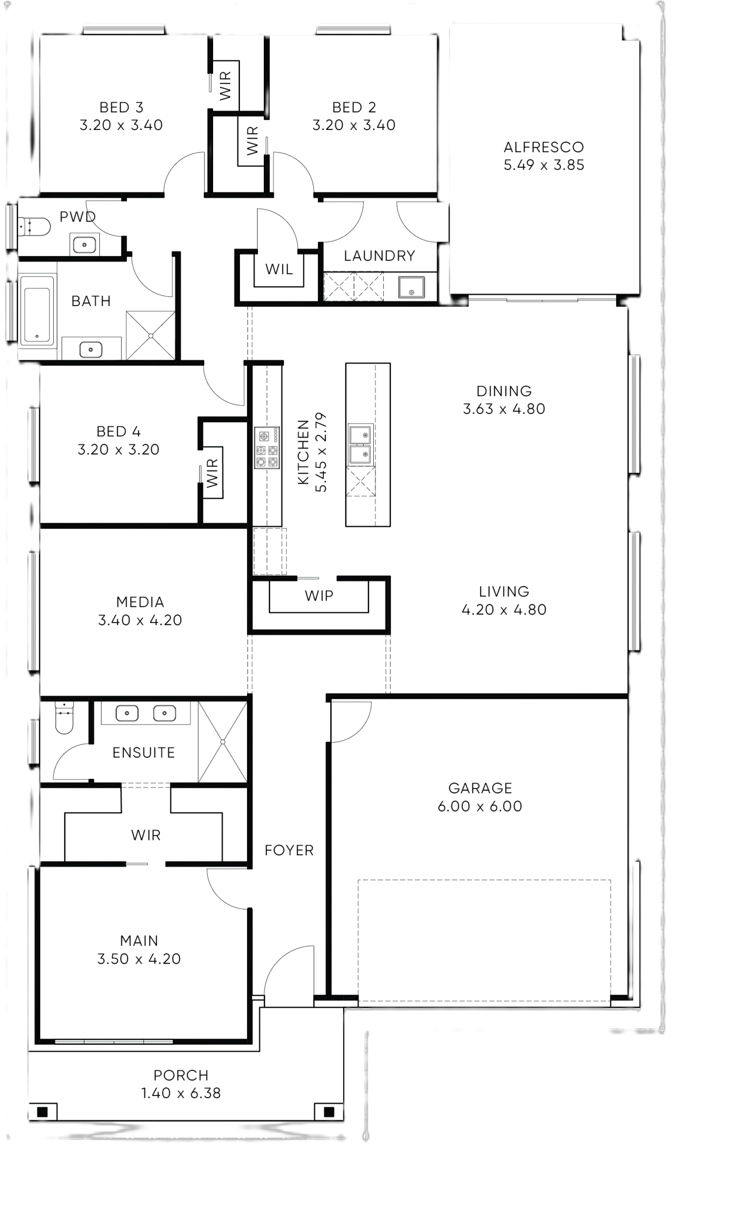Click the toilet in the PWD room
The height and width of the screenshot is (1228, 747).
click(x=34, y=227)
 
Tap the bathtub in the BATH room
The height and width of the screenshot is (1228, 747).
click(x=37, y=309)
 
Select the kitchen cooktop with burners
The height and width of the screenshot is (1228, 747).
click(x=267, y=448)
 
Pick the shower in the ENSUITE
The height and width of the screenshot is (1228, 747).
click(x=223, y=742)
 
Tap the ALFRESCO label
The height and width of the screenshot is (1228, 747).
click(x=544, y=147)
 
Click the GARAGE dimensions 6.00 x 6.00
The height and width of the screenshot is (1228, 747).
click(x=480, y=806)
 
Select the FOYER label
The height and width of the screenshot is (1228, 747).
click(x=289, y=850)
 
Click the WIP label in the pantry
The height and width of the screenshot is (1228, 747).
click(x=319, y=596)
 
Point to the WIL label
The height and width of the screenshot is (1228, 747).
click(x=279, y=270)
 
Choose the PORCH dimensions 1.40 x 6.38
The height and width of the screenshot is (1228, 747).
click(x=181, y=1093)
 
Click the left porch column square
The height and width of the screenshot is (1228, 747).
click(x=42, y=1112)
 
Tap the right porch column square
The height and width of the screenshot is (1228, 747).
click(x=329, y=1112)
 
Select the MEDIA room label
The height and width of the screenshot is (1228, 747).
click(x=140, y=602)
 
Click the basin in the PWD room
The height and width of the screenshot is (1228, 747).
click(x=84, y=245)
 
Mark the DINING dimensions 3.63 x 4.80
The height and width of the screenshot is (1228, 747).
click(x=504, y=409)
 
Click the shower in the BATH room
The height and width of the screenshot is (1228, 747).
click(x=151, y=335)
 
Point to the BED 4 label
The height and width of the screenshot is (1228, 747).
click(x=119, y=431)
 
